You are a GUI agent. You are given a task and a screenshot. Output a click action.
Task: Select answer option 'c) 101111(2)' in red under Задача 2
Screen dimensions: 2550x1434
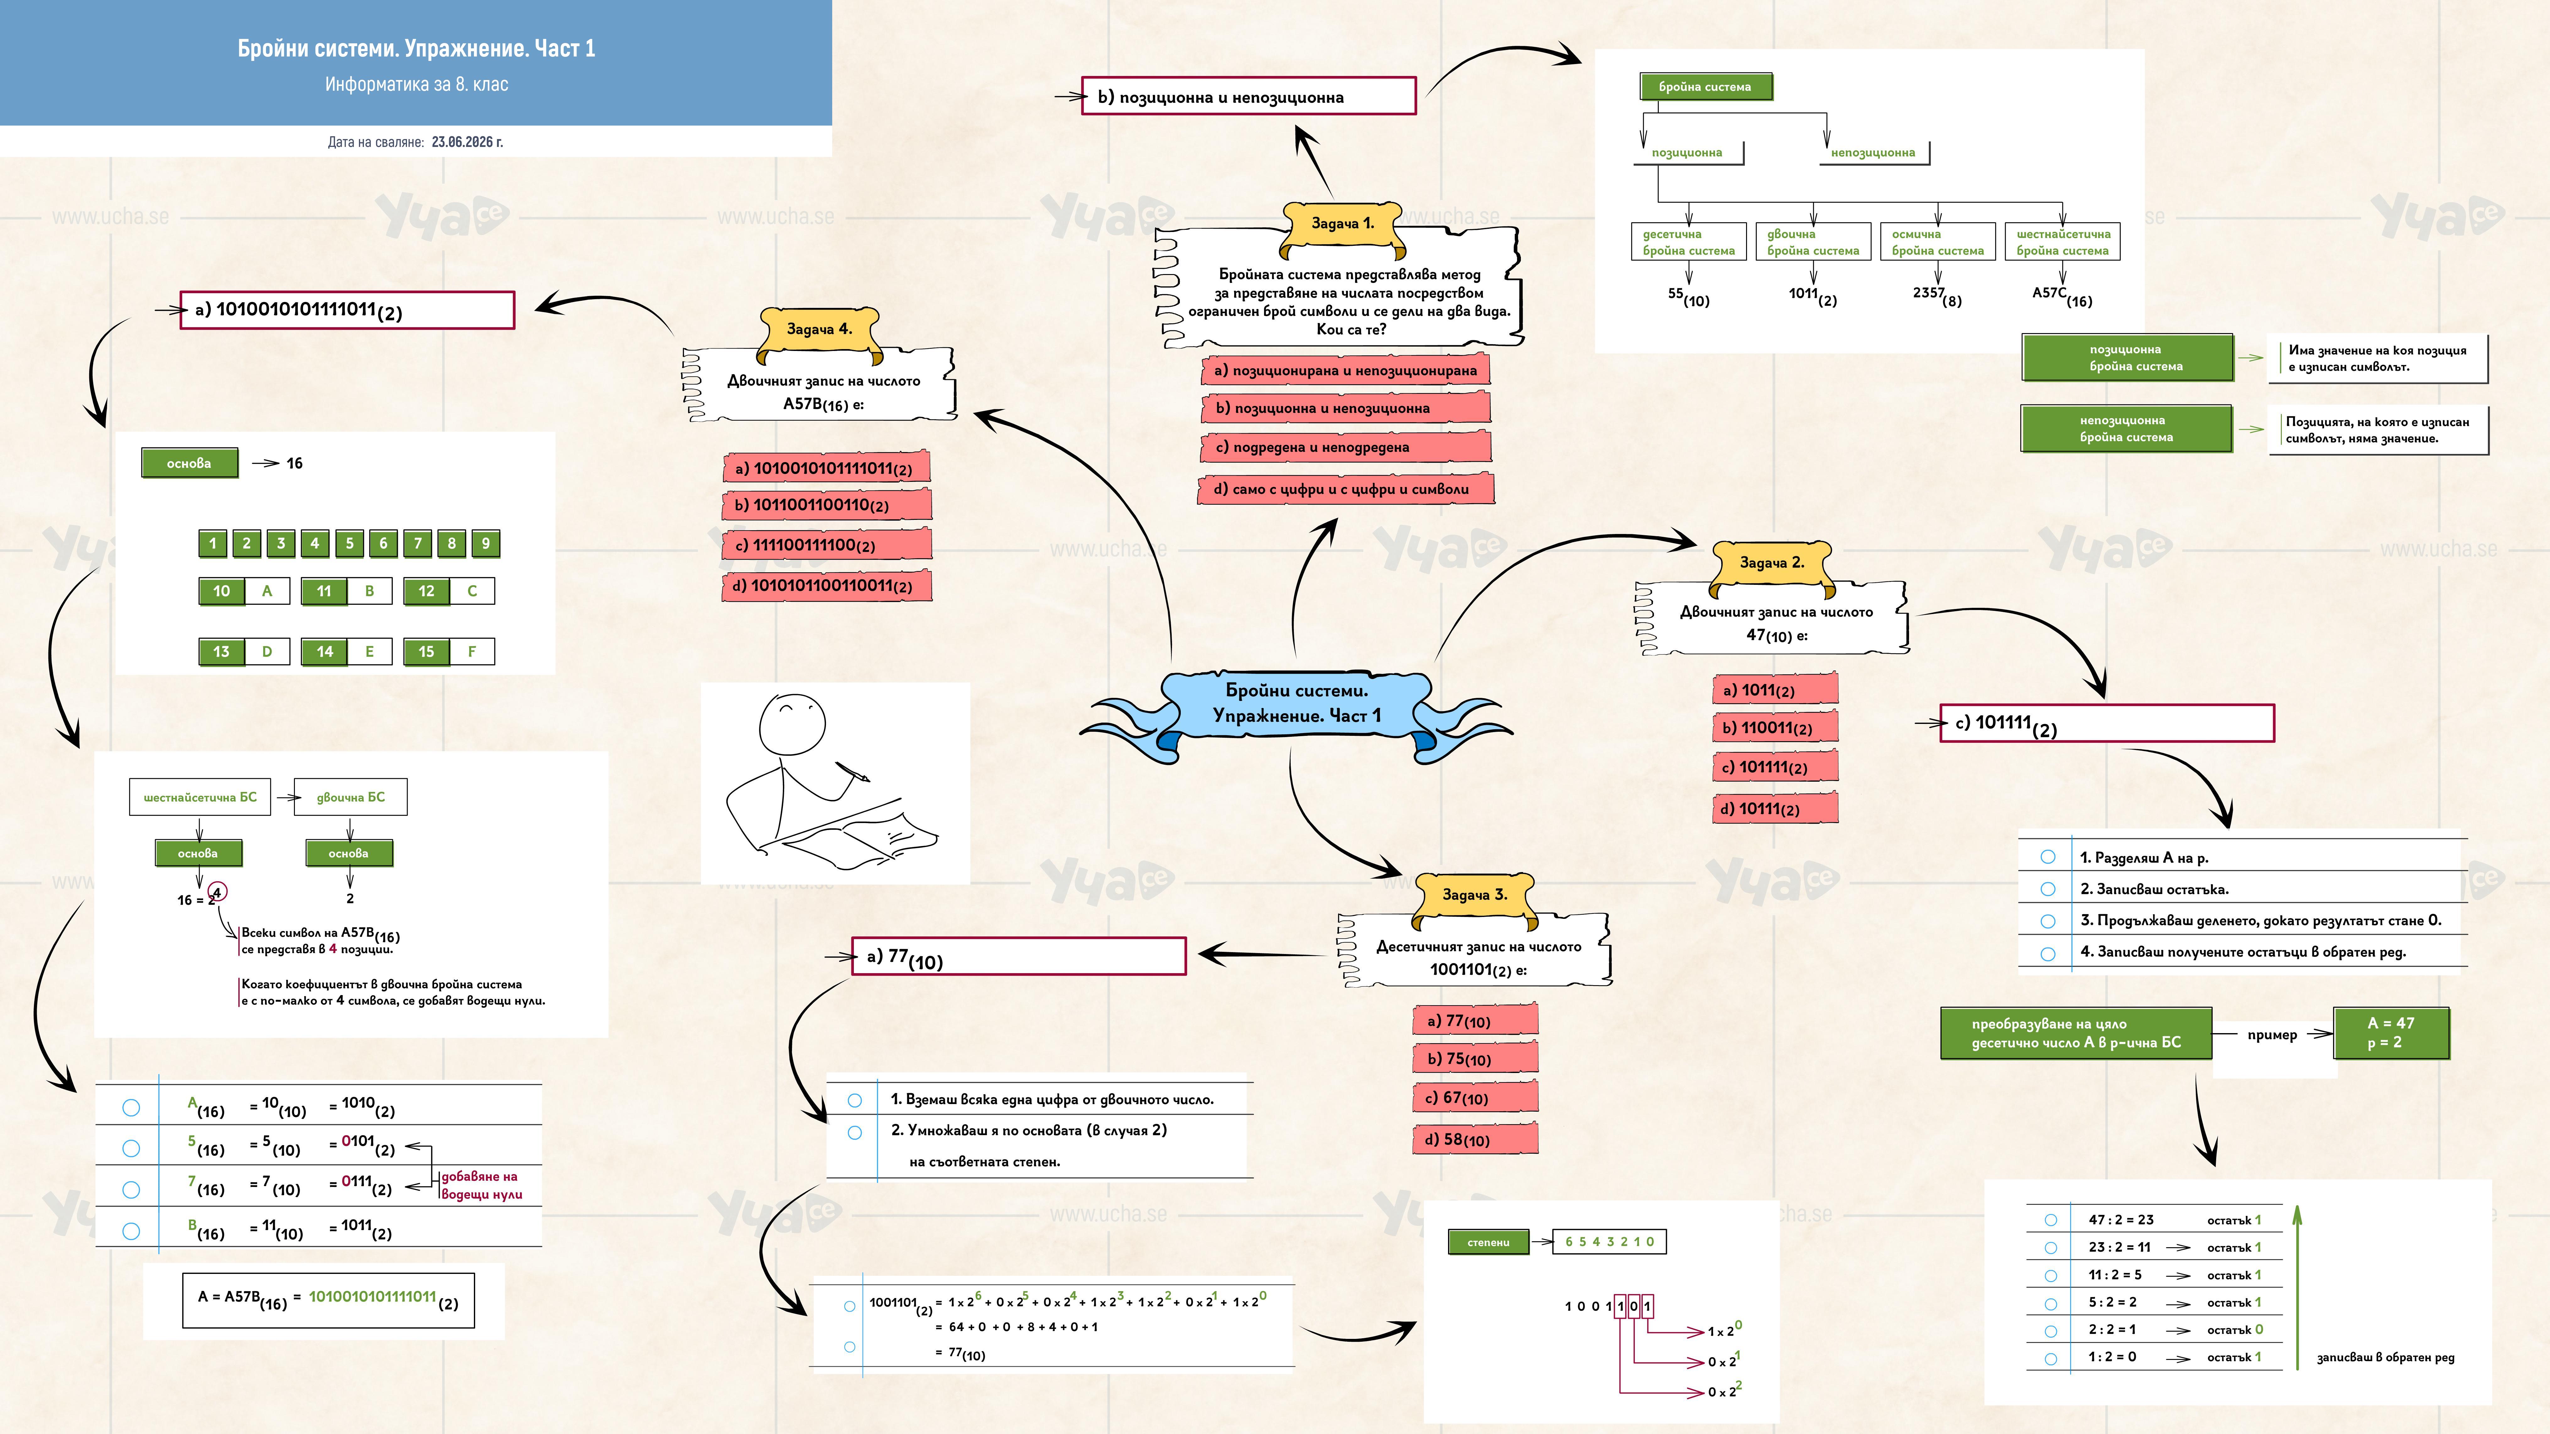tap(1775, 767)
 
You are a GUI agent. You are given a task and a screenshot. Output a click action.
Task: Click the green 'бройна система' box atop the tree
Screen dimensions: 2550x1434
tap(1705, 87)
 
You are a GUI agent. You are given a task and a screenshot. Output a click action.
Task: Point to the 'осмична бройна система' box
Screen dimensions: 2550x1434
tap(1937, 242)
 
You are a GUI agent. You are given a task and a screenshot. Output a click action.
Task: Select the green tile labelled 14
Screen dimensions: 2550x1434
tap(325, 651)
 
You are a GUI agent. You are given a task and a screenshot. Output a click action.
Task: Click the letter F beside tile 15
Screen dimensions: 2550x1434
tap(471, 651)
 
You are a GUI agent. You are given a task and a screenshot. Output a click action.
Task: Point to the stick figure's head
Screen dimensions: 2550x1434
tap(792, 725)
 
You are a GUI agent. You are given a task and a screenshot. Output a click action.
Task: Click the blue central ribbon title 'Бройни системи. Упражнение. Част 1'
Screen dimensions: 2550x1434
tap(1297, 703)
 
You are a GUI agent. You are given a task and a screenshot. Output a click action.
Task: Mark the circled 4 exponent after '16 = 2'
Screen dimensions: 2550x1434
tap(218, 892)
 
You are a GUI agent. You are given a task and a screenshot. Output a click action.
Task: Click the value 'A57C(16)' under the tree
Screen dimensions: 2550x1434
tap(2062, 296)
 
